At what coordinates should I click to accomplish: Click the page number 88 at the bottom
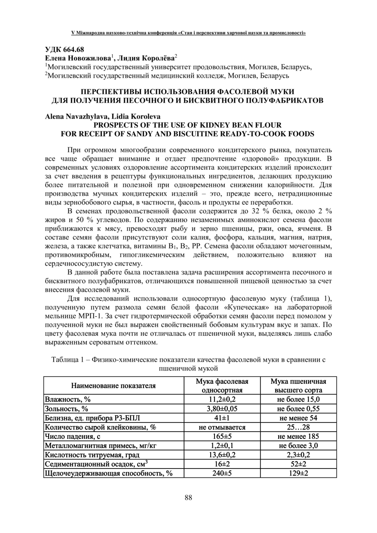click(188, 497)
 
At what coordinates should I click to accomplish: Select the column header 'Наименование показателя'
click(113, 386)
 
